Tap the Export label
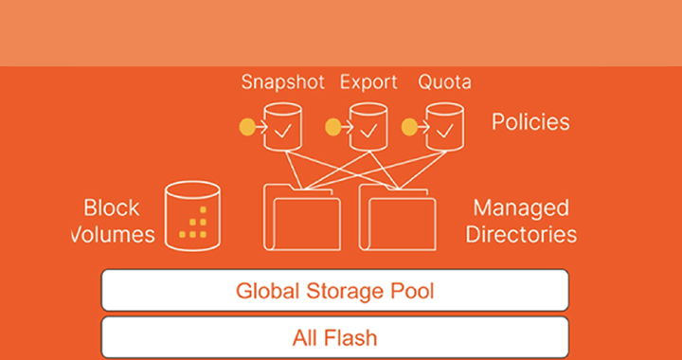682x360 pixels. [x=368, y=82]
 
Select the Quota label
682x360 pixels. [x=443, y=82]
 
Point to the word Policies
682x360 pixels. [x=530, y=122]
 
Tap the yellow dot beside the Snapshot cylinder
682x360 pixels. [x=248, y=126]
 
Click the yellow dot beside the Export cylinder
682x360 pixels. [x=332, y=126]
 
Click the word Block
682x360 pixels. [x=111, y=207]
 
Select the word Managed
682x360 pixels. [x=520, y=207]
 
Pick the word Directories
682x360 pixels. [x=520, y=233]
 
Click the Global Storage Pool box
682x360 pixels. [x=334, y=290]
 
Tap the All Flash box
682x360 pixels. [x=334, y=336]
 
